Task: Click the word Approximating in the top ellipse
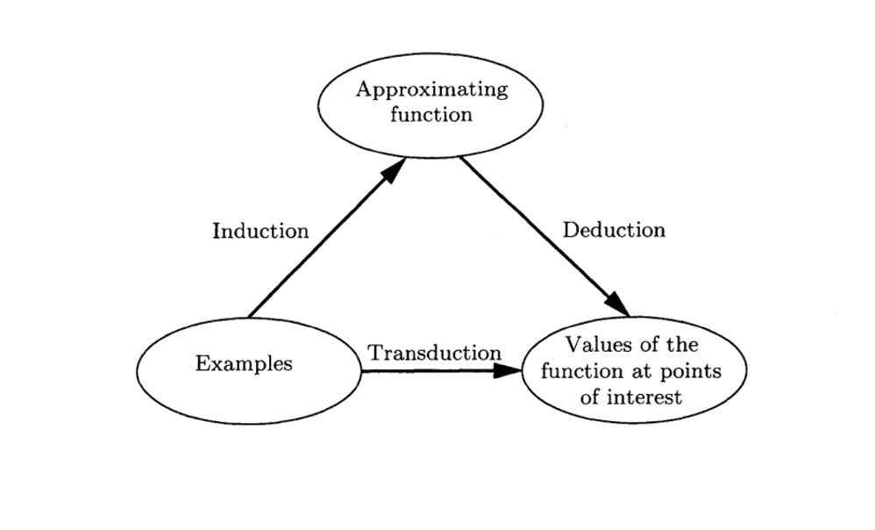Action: (430, 90)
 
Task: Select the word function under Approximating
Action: (430, 114)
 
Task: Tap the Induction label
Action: (260, 232)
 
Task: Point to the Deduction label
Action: (614, 230)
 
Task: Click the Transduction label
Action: (434, 354)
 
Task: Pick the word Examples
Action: (244, 364)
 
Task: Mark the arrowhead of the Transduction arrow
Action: (508, 370)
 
